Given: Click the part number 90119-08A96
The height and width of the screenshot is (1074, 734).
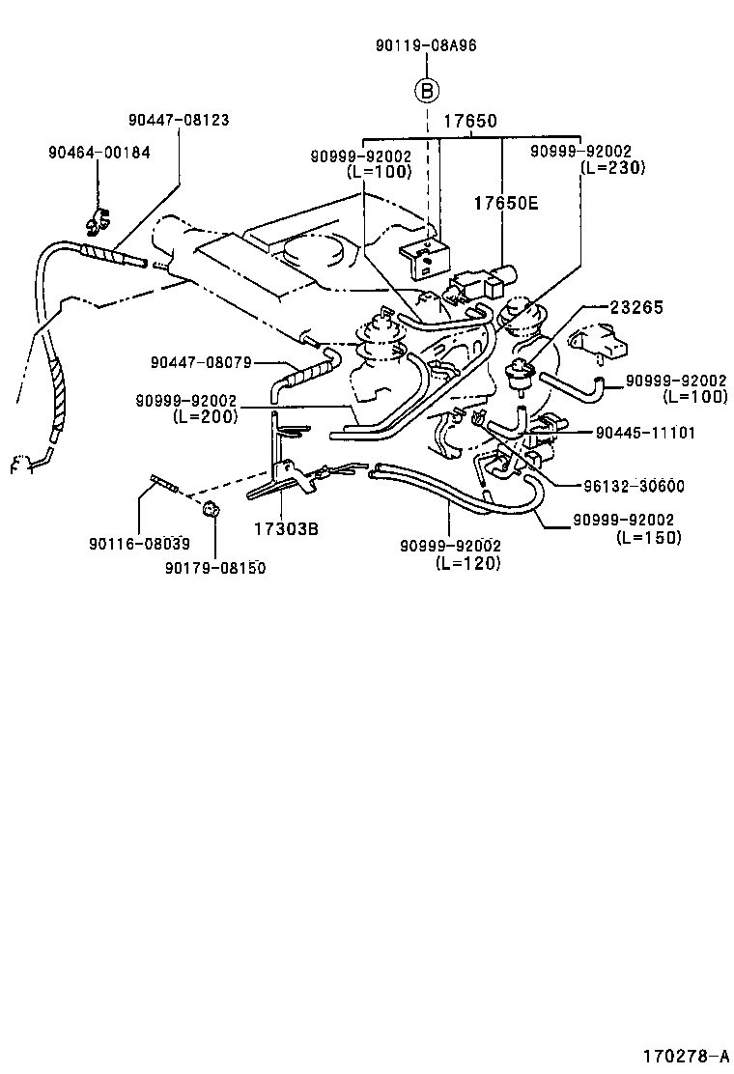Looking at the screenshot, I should (426, 45).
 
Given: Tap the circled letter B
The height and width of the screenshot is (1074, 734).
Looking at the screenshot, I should (427, 92).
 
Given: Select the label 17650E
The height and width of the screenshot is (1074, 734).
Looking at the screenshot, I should (504, 204).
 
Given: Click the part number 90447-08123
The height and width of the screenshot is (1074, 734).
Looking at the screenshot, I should (179, 121).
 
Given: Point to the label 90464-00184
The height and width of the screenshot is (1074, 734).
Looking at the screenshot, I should (99, 153).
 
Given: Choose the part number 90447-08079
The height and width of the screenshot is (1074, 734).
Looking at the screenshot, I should (201, 362).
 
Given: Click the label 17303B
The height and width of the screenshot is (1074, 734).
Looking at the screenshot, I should (287, 529).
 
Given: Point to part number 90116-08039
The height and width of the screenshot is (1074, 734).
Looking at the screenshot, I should (139, 544).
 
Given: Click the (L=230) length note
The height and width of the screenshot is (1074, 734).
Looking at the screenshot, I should (612, 167).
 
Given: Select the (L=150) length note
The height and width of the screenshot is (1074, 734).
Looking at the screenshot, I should (648, 537).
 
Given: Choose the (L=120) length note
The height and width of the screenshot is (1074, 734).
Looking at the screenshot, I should (467, 563).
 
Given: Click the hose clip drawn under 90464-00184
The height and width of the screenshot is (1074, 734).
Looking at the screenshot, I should (97, 225).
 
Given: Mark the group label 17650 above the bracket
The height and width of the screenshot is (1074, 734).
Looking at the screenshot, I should (470, 123).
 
